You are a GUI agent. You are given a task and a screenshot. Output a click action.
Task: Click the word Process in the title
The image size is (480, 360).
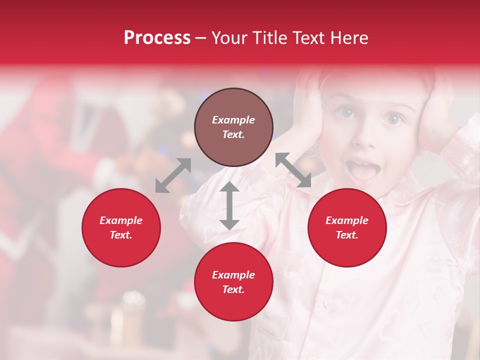[x=157, y=38]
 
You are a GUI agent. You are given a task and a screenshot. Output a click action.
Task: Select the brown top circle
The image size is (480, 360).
[x=233, y=127]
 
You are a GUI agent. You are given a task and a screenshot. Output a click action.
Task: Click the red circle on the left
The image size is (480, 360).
[x=121, y=227]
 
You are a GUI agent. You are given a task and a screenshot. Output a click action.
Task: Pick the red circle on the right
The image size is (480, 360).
[x=347, y=227]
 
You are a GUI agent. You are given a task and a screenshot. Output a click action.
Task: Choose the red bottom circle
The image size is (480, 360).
[x=233, y=282]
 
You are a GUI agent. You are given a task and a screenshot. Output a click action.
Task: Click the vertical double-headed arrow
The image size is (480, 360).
[x=229, y=205]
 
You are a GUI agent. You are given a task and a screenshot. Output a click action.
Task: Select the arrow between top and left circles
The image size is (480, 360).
[x=173, y=175]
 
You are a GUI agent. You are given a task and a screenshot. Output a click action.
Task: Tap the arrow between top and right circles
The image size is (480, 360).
[x=293, y=170]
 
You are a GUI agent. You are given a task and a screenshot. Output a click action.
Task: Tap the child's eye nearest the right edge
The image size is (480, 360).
[x=393, y=118]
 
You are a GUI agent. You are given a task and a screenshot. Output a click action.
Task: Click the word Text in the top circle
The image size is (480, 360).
[x=233, y=134]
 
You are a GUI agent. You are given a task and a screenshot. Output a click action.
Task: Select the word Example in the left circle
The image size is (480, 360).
[x=121, y=220]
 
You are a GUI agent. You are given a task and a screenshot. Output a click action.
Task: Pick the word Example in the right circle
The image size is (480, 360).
[x=347, y=220]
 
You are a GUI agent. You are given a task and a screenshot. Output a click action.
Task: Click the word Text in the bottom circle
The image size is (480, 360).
[x=233, y=289]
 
